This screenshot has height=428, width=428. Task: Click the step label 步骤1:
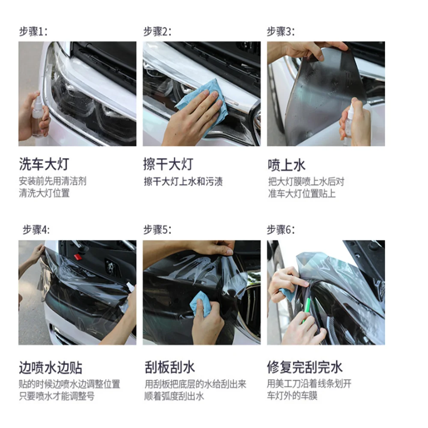(33, 31)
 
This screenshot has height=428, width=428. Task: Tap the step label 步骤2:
(157, 31)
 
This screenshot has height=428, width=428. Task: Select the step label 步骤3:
(281, 31)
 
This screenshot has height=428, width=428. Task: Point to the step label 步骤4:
(36, 230)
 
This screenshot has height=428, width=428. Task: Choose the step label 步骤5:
(157, 230)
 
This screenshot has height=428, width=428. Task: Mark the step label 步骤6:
(281, 230)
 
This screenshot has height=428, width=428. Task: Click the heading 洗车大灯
(43, 164)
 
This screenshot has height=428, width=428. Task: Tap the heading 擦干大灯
(168, 164)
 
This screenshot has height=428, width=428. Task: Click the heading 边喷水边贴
(50, 367)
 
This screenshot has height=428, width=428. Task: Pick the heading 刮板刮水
(169, 367)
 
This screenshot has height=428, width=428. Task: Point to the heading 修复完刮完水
(305, 367)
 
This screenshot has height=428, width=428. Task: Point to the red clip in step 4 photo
(77, 257)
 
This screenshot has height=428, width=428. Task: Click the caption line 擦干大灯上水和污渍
(183, 181)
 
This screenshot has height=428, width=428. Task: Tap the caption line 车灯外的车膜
(292, 396)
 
